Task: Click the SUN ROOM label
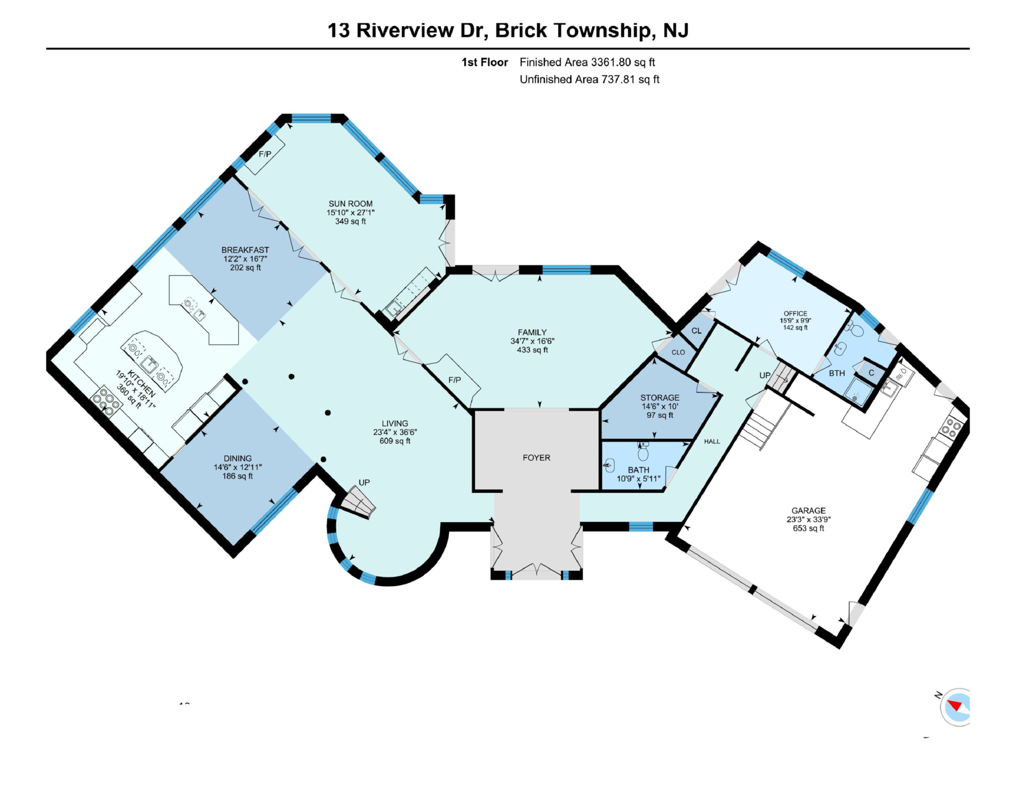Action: coord(351,204)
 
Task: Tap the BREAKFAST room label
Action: coord(245,250)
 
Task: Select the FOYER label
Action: coord(536,457)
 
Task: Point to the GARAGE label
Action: coord(808,511)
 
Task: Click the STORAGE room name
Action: coord(660,398)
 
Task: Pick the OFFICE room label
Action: coord(795,314)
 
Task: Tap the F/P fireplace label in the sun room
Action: coord(265,154)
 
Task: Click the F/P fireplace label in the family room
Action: coord(455,380)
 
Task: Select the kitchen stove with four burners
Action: coord(106,401)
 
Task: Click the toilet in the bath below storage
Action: coord(643,452)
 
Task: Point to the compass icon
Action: coord(956,706)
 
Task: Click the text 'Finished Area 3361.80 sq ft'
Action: coord(587,62)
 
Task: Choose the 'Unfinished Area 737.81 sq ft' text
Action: coord(589,79)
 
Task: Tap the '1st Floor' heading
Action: coord(485,62)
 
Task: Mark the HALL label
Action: coord(712,441)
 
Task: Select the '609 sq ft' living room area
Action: coord(395,441)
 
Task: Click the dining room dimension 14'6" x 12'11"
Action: coord(237,467)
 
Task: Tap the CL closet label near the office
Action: coord(697,331)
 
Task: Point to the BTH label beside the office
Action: coord(836,373)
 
